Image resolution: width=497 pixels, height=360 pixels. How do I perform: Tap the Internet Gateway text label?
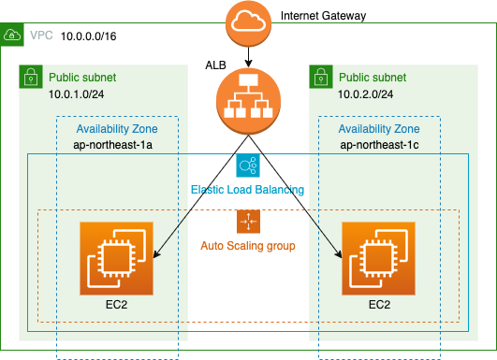(324, 15)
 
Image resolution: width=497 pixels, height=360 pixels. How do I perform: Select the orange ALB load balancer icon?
(248, 103)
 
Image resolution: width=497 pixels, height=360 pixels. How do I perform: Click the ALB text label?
(215, 65)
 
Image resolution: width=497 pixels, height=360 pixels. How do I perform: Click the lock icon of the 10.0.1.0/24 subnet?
(30, 77)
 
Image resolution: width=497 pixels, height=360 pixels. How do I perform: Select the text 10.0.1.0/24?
(77, 94)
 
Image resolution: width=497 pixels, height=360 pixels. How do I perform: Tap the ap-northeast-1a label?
(117, 146)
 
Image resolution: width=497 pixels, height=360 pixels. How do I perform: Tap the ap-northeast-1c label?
(380, 146)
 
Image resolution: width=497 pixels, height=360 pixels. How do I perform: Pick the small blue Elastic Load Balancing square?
(248, 166)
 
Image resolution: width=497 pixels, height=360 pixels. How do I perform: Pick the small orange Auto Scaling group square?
(248, 221)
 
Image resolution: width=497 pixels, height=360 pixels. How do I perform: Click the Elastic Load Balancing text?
(248, 190)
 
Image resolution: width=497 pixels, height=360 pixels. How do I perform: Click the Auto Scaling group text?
(248, 245)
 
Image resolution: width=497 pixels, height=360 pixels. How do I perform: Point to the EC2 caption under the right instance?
(379, 305)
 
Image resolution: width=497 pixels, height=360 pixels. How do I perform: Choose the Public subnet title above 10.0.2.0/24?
(373, 77)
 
